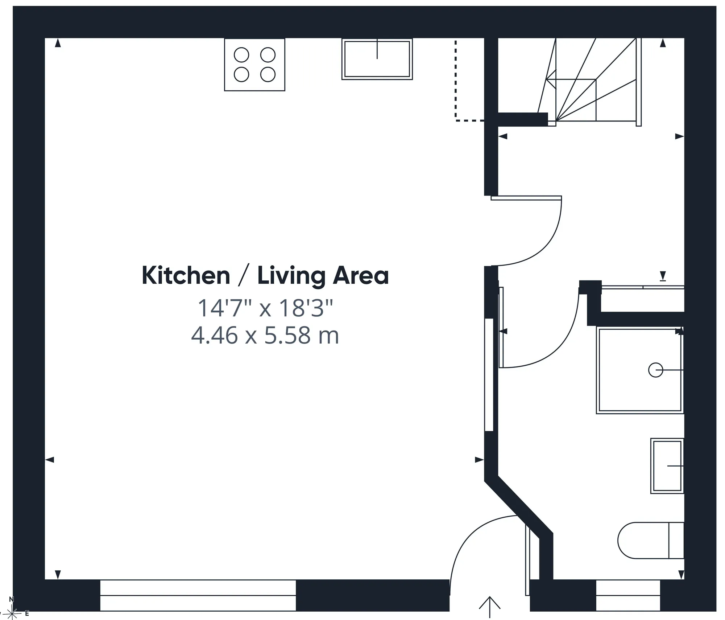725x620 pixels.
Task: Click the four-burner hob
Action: click(254, 65)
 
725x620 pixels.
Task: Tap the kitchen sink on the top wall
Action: click(377, 59)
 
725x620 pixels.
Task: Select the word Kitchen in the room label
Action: click(186, 275)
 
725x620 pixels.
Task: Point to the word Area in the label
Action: click(361, 276)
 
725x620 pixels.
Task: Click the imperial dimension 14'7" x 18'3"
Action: click(265, 308)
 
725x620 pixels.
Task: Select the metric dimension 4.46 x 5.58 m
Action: click(265, 335)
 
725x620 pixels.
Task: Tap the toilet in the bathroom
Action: click(651, 541)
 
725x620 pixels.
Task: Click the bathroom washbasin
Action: click(667, 466)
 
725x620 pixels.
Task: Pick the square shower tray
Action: click(640, 370)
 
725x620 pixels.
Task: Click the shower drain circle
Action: click(655, 370)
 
